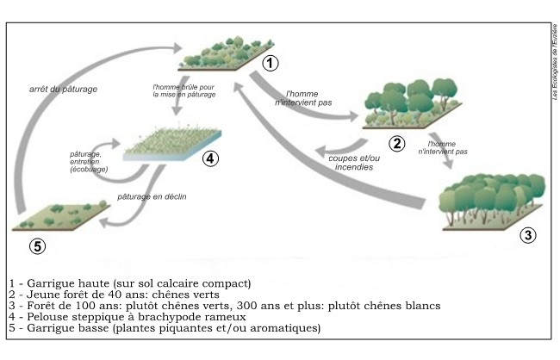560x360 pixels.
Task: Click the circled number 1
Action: [271, 63]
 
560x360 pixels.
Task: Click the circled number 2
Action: [397, 143]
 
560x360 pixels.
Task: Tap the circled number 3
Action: [529, 233]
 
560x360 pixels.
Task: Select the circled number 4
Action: [209, 158]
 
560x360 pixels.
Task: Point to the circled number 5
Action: [37, 245]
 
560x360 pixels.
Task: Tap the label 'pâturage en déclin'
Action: [152, 196]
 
